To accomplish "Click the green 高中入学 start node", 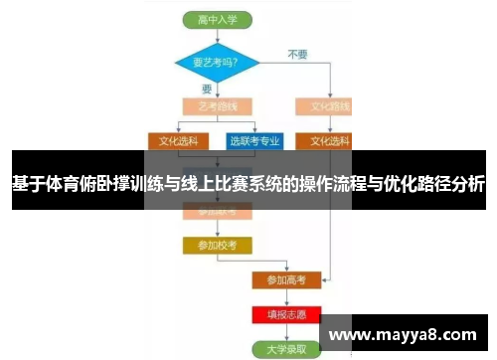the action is point(216,19).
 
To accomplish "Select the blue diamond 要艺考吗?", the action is point(216,63).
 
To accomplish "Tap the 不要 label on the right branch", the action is point(297,52).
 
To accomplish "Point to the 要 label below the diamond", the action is point(208,89).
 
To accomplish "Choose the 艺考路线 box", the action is point(216,105).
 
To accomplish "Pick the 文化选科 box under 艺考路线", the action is point(179,140).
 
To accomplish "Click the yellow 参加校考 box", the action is point(216,244).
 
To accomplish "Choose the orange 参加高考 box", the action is point(286,280).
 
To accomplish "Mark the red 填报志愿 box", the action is point(286,314).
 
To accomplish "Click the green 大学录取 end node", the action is point(286,349).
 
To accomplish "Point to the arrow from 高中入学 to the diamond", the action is point(216,36).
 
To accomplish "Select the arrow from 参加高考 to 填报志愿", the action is point(286,297).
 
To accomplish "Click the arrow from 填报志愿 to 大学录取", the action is point(286,332).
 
